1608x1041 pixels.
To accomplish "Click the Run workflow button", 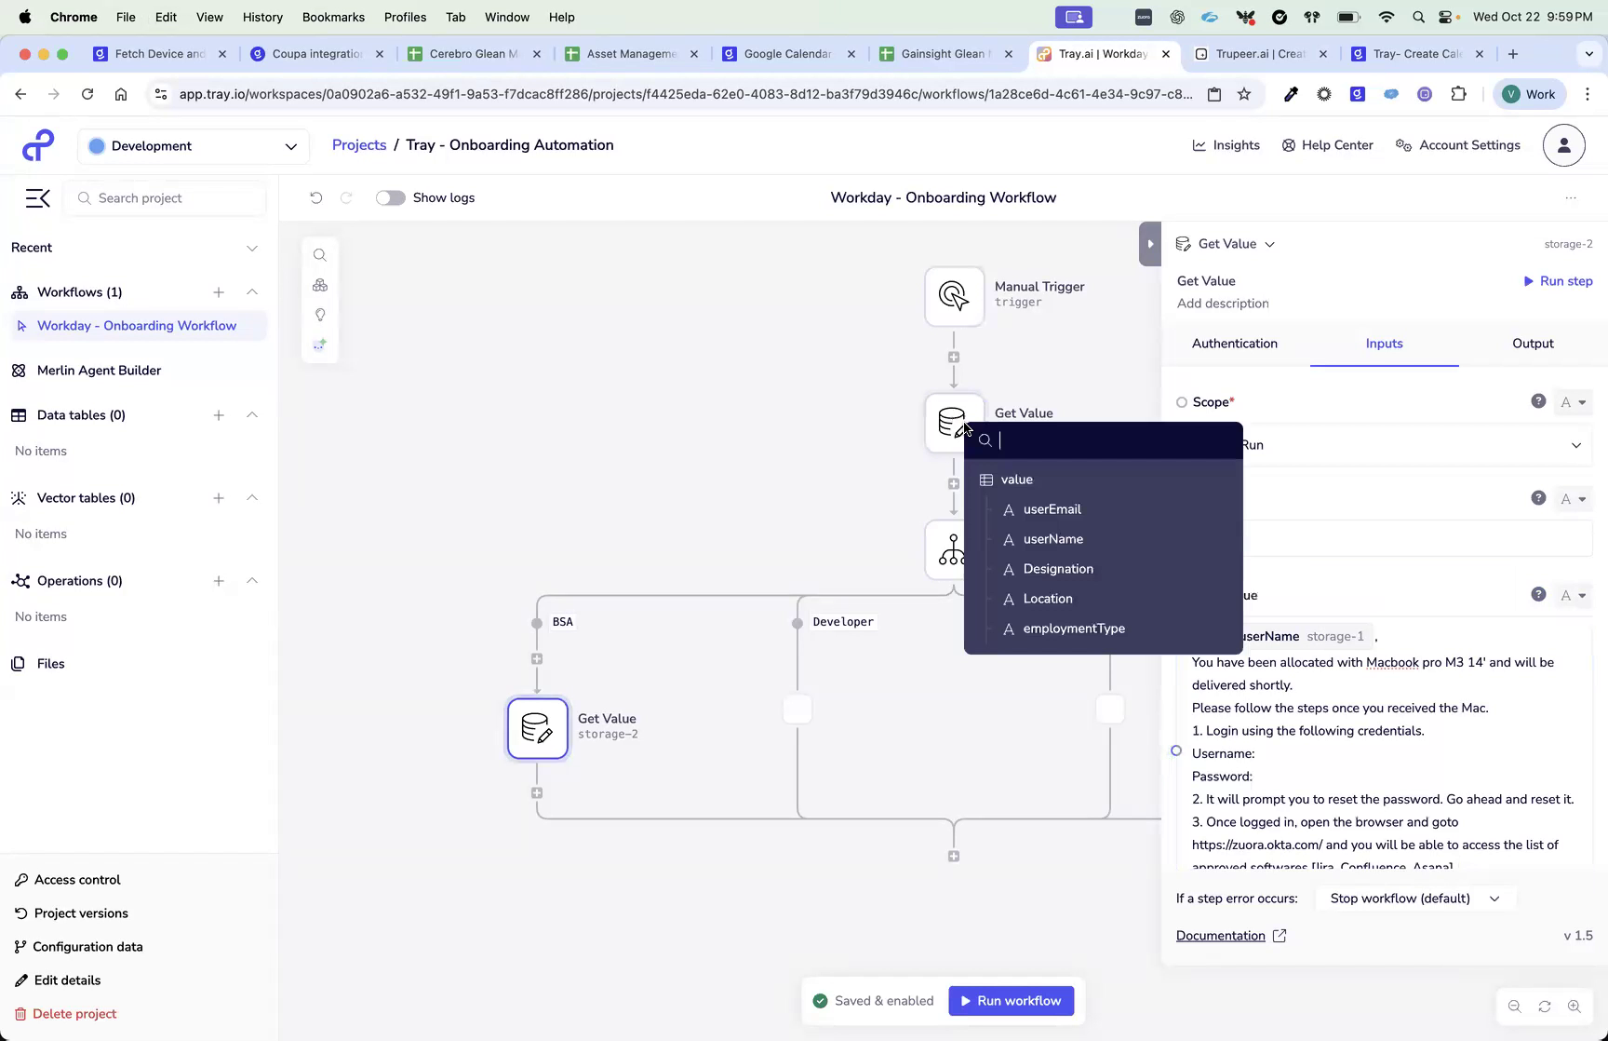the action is click(1011, 1001).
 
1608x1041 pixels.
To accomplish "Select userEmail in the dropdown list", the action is click(1052, 509).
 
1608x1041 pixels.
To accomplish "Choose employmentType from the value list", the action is click(1074, 629).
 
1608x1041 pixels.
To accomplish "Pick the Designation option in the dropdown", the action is click(1058, 569).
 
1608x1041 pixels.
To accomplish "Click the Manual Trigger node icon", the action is click(954, 296).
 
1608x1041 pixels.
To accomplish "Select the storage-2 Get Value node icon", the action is click(538, 728).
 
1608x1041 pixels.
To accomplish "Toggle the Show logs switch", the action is click(391, 197).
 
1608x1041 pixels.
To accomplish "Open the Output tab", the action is click(1533, 344).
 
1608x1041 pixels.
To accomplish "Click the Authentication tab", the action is click(1235, 344).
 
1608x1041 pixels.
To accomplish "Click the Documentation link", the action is click(1221, 936).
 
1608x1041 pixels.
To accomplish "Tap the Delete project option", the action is click(74, 1014).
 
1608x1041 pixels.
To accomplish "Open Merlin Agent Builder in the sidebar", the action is click(99, 371).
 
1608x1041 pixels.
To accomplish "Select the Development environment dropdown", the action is click(194, 146).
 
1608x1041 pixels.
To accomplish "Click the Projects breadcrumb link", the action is click(359, 145).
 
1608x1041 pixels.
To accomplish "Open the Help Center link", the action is click(1328, 145).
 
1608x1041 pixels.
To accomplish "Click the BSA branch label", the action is click(563, 622).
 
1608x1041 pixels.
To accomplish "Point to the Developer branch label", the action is click(843, 622).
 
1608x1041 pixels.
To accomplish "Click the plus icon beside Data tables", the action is click(219, 415).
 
